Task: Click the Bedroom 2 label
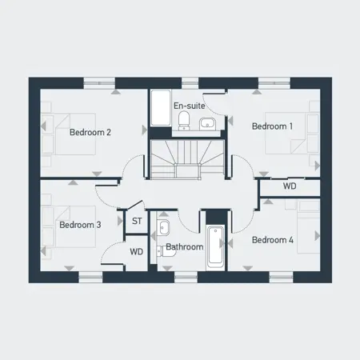[x=90, y=132]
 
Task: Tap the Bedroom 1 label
[x=272, y=126]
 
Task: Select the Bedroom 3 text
[x=80, y=225]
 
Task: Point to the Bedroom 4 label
[x=272, y=239]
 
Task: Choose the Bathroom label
[x=184, y=247]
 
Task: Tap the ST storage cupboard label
[x=136, y=220]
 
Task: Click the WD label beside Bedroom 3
[x=137, y=252]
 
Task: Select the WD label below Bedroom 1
[x=290, y=186]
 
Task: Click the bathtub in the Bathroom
[x=214, y=248]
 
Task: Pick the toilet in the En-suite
[x=185, y=121]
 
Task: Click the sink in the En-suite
[x=206, y=122]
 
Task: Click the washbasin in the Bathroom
[x=162, y=226]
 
